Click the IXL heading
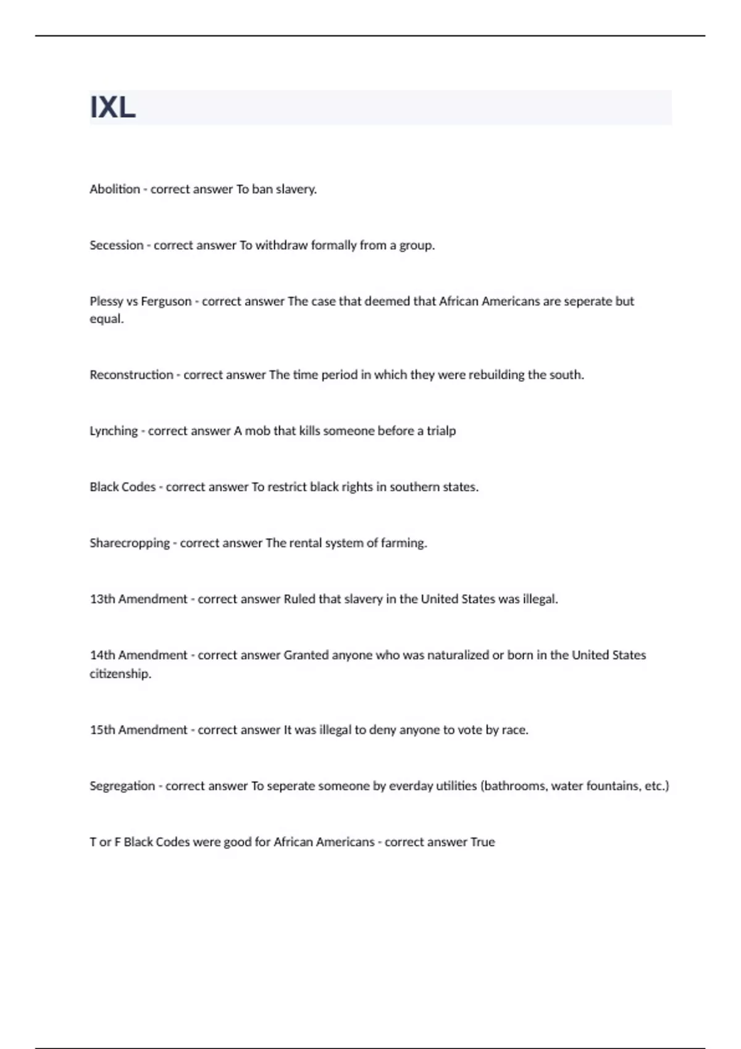[x=112, y=108]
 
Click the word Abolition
[x=115, y=189]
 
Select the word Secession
[x=116, y=245]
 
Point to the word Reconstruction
[x=131, y=375]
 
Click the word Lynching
[x=114, y=431]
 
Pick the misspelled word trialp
[x=441, y=431]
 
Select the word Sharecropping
[x=129, y=543]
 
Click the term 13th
[x=102, y=599]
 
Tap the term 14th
[x=102, y=655]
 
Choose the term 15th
[x=102, y=729]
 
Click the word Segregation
[x=122, y=786]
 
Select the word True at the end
[x=482, y=842]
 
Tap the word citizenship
[x=120, y=673]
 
